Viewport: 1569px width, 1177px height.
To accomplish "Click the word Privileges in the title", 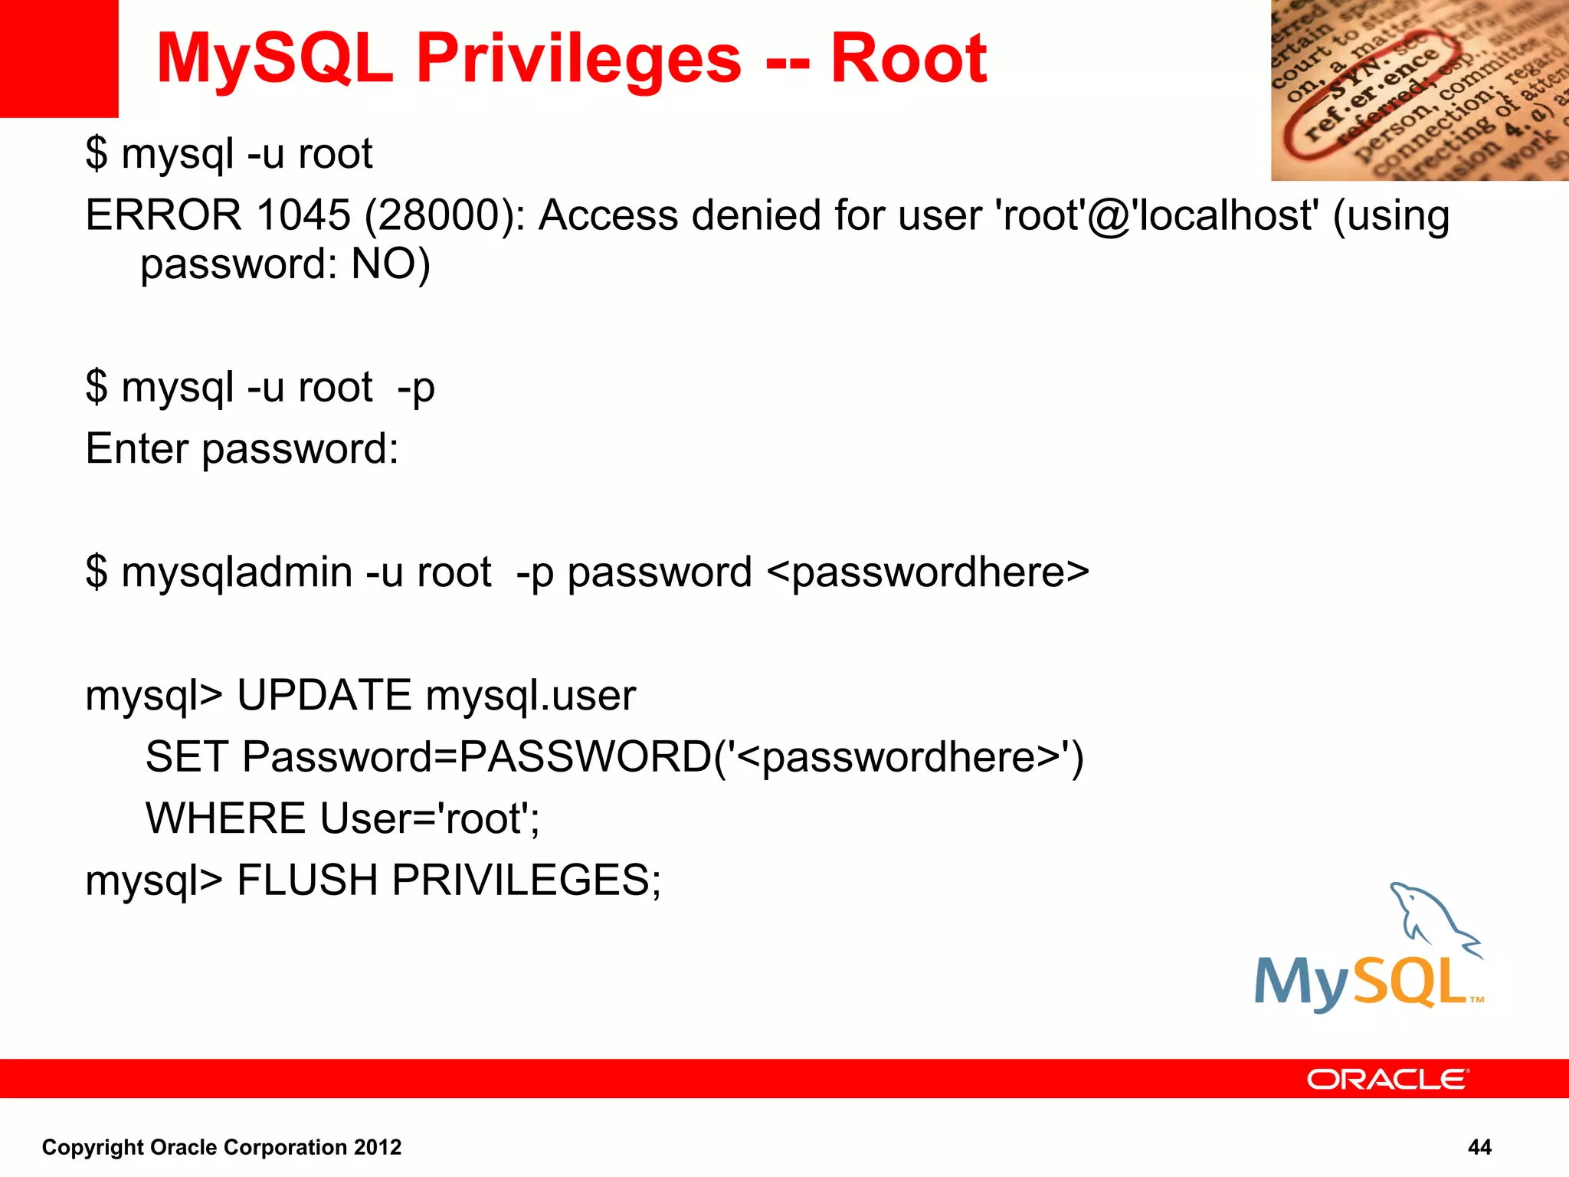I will point(578,60).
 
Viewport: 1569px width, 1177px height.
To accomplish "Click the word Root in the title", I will point(909,60).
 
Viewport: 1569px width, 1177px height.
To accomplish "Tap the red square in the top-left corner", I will point(58,58).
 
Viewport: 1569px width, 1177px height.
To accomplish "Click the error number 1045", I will point(303,215).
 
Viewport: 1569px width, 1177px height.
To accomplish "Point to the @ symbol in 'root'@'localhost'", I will point(1108,217).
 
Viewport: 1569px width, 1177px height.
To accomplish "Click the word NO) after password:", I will point(391,264).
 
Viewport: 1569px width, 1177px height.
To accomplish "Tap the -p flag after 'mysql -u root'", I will point(416,388).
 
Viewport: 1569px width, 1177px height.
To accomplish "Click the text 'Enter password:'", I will point(242,449).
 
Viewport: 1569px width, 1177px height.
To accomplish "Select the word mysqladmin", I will point(237,573).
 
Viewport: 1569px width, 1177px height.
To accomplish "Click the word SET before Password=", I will point(186,757).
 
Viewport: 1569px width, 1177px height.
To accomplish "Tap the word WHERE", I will point(226,818).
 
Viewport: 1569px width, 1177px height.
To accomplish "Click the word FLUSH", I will point(307,880).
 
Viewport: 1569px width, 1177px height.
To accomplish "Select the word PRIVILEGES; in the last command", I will point(526,880).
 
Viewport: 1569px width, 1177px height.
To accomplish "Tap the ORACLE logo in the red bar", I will point(1387,1079).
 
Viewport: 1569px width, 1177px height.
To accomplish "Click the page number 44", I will point(1479,1147).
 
